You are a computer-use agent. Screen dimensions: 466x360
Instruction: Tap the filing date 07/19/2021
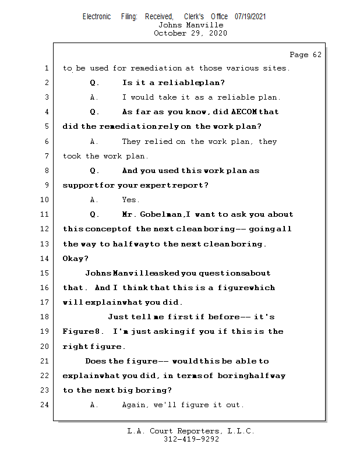(250, 16)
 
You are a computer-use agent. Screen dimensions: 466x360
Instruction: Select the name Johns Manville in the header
(190, 25)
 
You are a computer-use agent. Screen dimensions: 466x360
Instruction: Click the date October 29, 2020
(190, 33)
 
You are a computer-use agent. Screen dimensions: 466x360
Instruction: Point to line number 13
(45, 244)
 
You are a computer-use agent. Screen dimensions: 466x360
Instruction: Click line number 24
(45, 405)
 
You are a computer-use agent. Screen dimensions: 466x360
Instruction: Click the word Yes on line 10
(130, 200)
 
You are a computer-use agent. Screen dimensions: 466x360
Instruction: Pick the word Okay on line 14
(75, 259)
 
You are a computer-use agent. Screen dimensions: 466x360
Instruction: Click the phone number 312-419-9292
(191, 439)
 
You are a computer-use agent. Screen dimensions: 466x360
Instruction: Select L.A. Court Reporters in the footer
(175, 431)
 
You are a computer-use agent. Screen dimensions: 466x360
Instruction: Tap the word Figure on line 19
(77, 331)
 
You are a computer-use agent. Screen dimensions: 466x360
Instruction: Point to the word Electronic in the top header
(97, 16)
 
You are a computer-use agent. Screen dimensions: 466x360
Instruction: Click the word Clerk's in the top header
(194, 16)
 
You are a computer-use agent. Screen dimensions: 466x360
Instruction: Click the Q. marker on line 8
(95, 171)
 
